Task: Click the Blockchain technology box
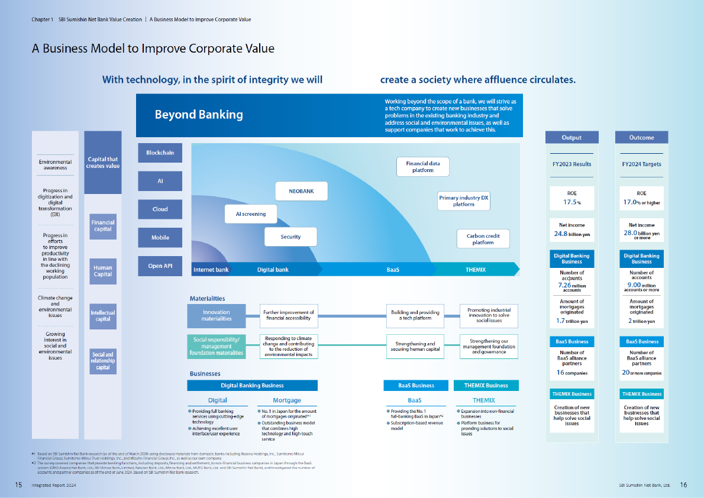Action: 160,153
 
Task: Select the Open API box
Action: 160,266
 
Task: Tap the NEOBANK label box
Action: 301,192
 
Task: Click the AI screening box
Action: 251,214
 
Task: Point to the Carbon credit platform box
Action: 483,239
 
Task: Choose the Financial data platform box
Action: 423,167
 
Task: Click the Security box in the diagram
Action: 290,237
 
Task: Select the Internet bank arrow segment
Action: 211,270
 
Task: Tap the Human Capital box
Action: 103,271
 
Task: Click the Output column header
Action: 571,137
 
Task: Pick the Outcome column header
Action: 642,137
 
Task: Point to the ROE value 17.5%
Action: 571,202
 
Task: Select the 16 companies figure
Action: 571,373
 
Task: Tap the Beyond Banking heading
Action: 199,115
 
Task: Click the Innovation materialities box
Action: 217,315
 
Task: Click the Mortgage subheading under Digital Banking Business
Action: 287,400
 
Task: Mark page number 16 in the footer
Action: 683,485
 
